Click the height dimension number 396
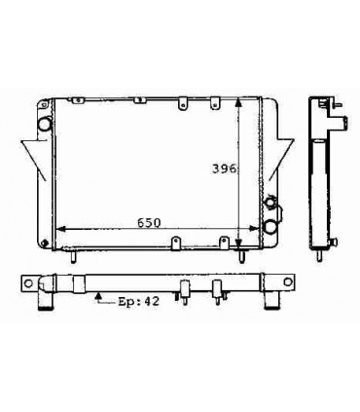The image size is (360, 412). (x=225, y=168)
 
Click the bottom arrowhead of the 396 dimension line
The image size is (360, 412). (x=240, y=245)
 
